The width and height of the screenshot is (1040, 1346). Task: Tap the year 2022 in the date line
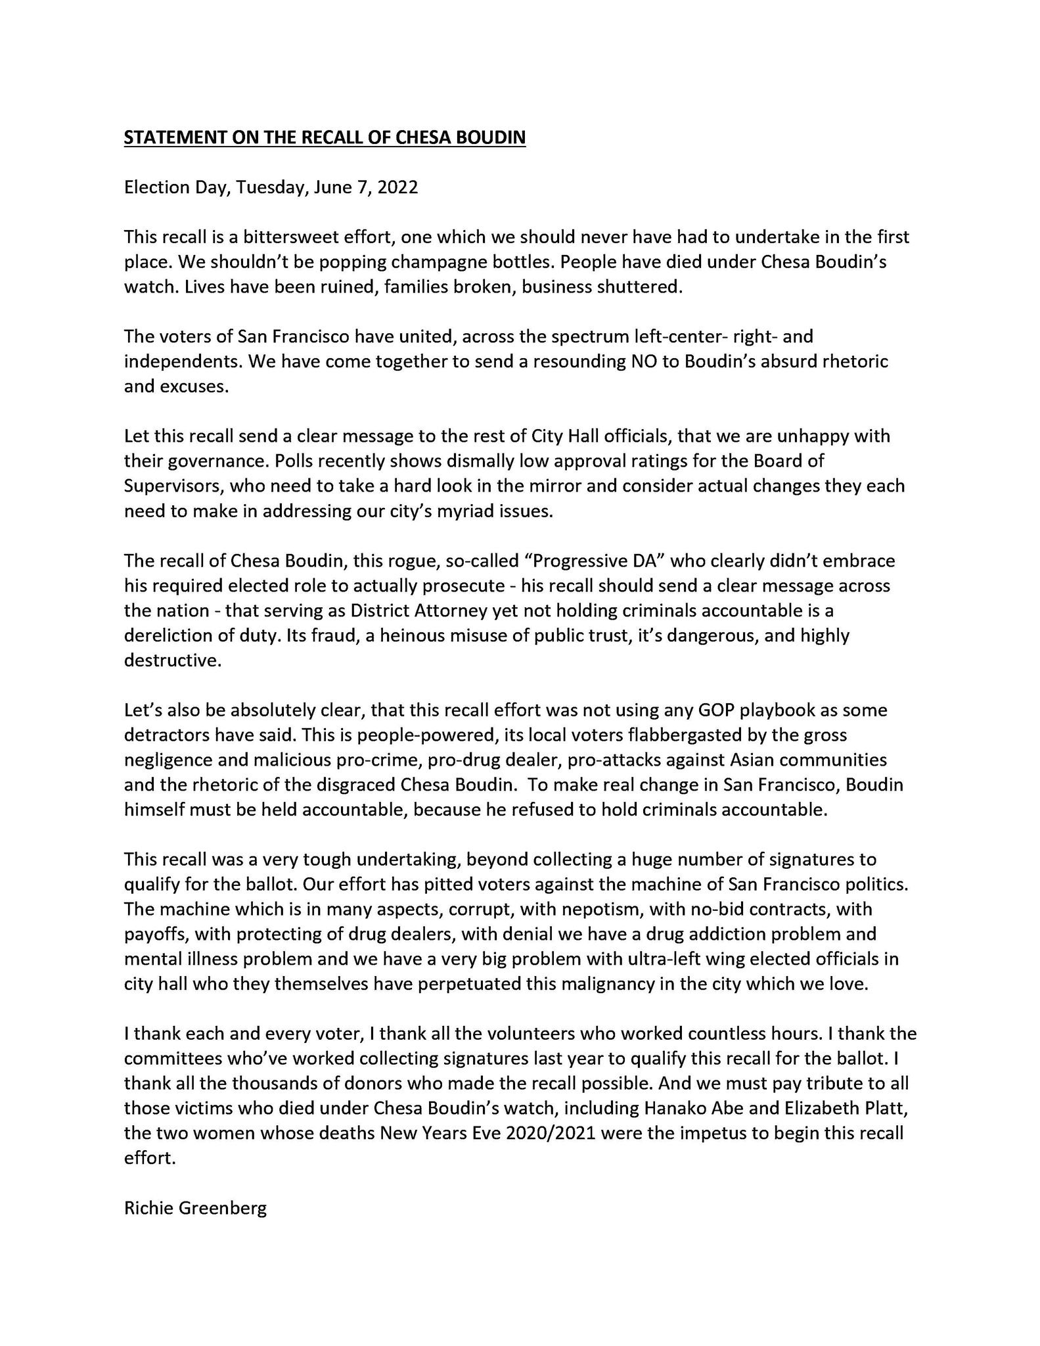(x=397, y=187)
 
